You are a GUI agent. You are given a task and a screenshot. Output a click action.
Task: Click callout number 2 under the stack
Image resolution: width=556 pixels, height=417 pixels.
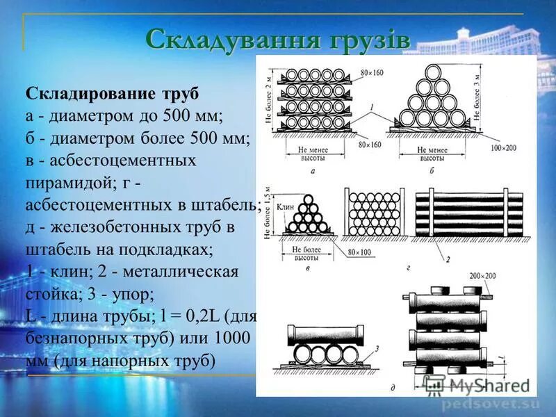point(448,260)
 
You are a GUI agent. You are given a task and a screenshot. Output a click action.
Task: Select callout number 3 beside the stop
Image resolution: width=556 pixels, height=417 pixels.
point(375,350)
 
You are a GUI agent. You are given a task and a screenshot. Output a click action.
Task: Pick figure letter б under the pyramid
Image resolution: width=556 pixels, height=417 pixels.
point(432,170)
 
